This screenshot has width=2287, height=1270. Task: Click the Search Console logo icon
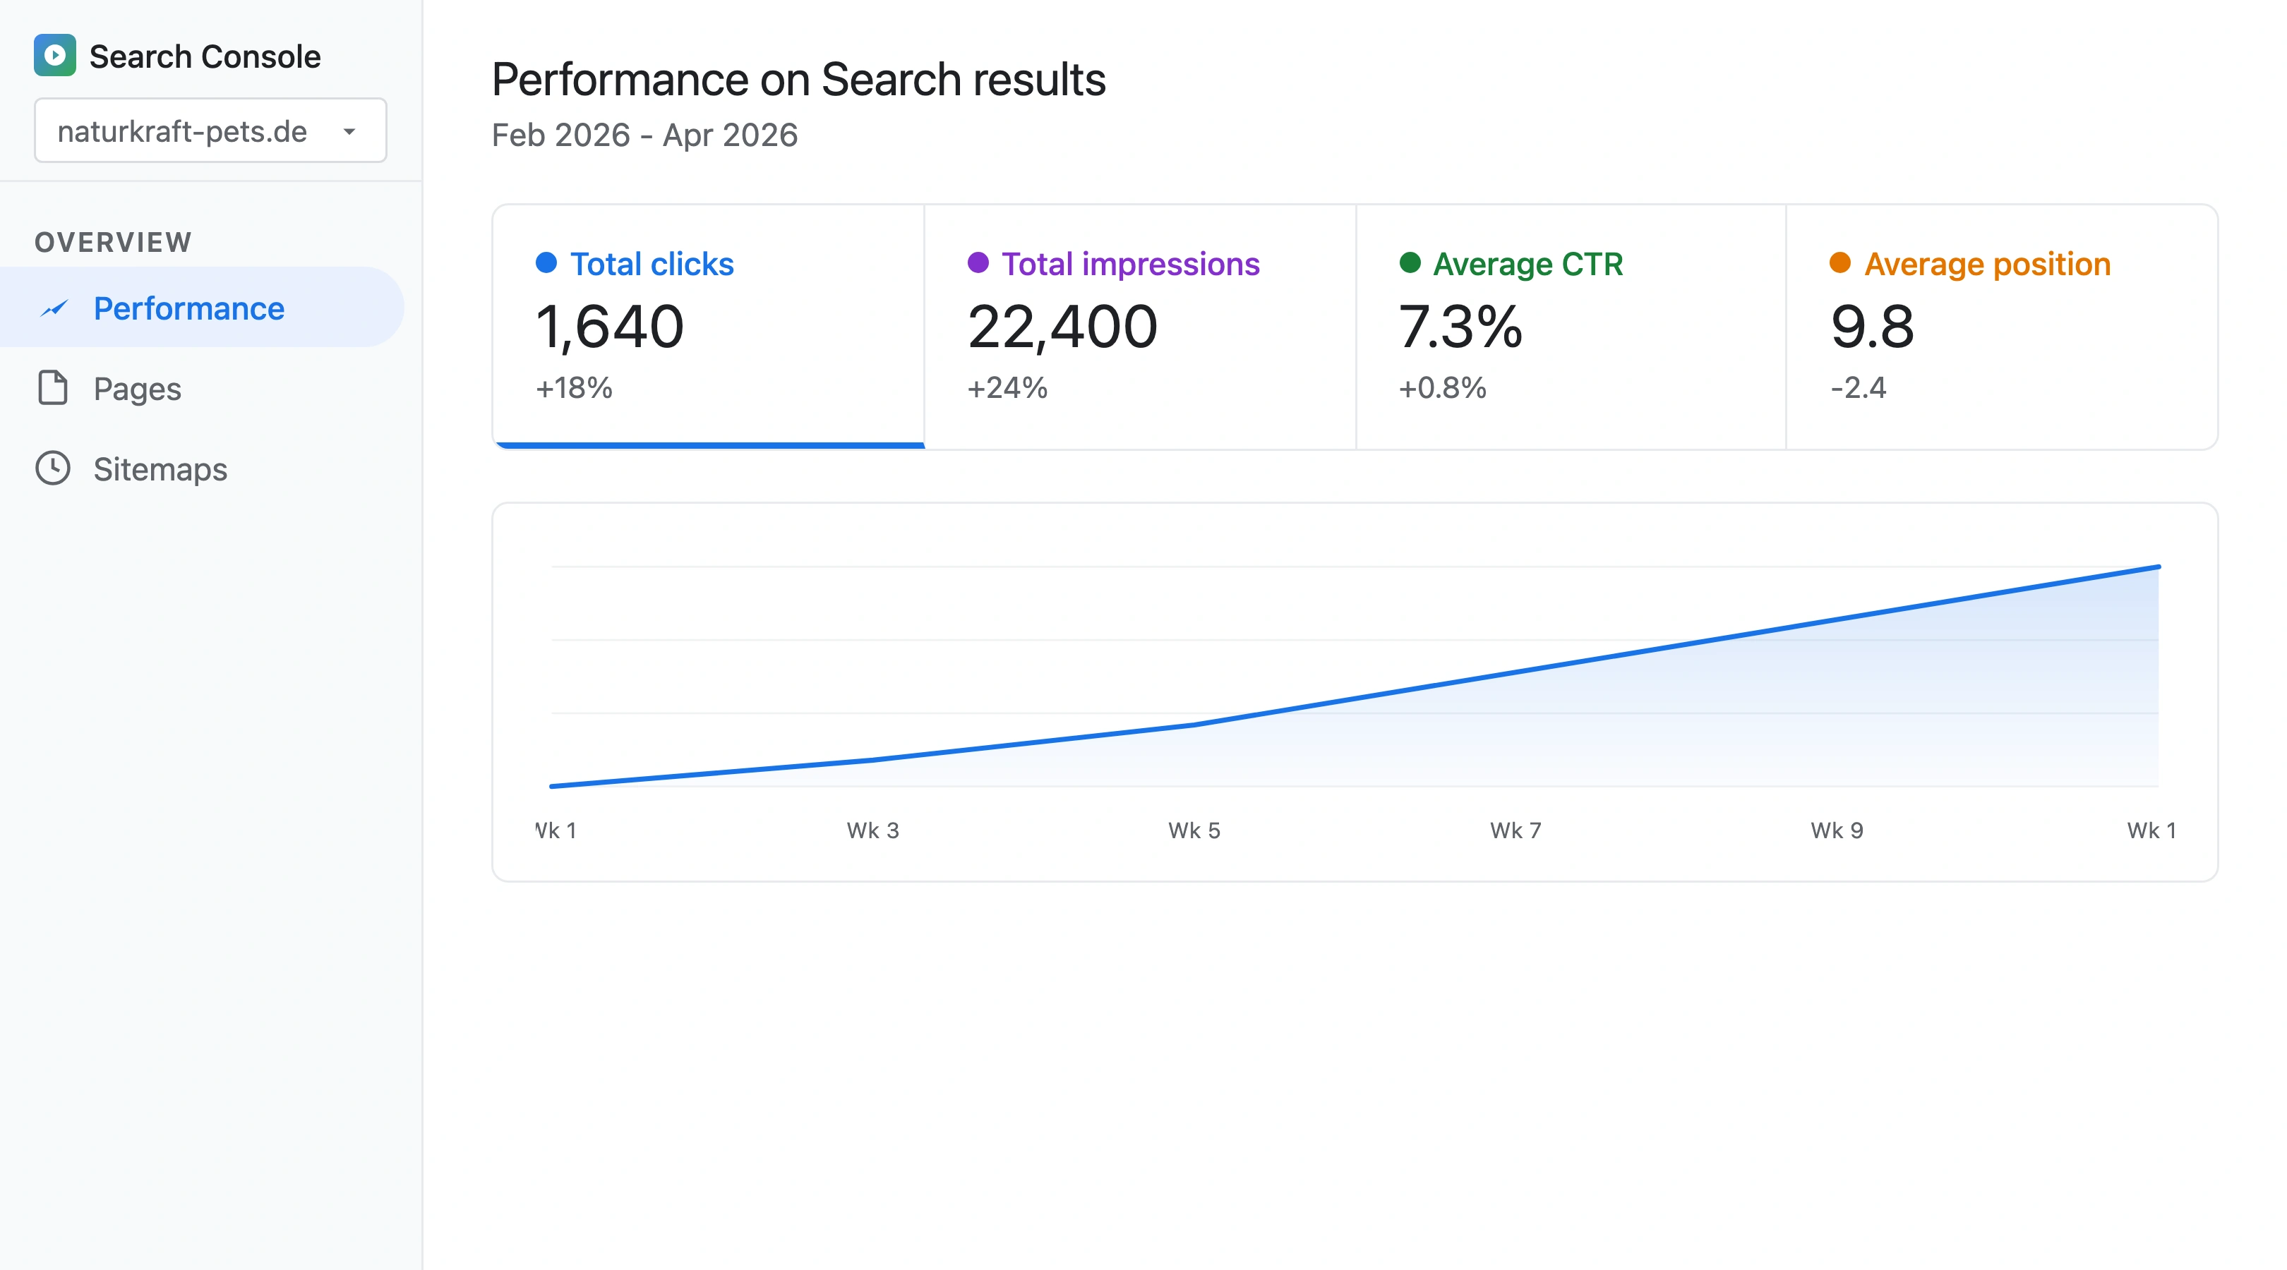[54, 55]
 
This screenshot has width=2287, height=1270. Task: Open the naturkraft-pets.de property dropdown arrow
[349, 131]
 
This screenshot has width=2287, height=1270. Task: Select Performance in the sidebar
[188, 308]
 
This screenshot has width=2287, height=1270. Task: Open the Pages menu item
[137, 389]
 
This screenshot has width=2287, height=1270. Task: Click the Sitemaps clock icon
[52, 468]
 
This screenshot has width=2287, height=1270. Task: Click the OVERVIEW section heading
[113, 242]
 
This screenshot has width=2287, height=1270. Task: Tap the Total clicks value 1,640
[609, 327]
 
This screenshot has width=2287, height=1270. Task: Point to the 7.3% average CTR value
[1460, 327]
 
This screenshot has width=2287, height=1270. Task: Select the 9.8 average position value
[1871, 327]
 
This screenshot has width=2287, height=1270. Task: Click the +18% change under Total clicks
[574, 388]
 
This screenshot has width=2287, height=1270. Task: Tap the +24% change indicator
[1007, 388]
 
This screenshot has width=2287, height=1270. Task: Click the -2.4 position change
[1858, 388]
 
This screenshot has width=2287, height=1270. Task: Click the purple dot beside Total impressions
[978, 262]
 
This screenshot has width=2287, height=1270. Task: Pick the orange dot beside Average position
[1839, 262]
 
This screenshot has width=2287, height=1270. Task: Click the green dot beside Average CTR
[1409, 262]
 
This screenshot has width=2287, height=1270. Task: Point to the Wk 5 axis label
[1194, 830]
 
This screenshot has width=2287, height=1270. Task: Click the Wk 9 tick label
[1837, 830]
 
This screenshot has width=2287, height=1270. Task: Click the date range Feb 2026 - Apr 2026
[644, 135]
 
